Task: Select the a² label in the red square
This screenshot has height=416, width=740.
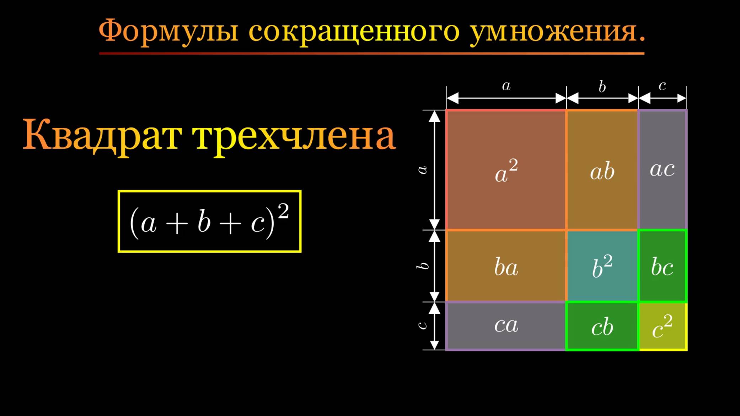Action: (x=506, y=171)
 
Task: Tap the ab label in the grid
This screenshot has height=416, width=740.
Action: (x=602, y=172)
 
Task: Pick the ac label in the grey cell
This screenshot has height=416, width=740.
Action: (x=662, y=169)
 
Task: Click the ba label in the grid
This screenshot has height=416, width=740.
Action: (x=506, y=267)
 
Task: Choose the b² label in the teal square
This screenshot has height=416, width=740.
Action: (x=602, y=266)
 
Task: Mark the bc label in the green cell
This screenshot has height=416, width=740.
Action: (x=662, y=267)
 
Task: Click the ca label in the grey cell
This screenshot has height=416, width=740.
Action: (x=506, y=325)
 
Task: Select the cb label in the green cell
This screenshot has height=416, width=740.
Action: (x=602, y=327)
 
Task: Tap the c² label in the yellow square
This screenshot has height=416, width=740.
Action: (x=662, y=326)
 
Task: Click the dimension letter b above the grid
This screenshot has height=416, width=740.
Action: (x=602, y=87)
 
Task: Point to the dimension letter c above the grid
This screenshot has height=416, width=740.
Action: (x=662, y=86)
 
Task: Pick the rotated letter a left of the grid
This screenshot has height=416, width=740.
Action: (x=422, y=170)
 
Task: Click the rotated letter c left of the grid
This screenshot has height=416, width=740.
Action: (x=422, y=325)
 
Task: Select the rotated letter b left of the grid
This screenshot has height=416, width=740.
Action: (x=422, y=266)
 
